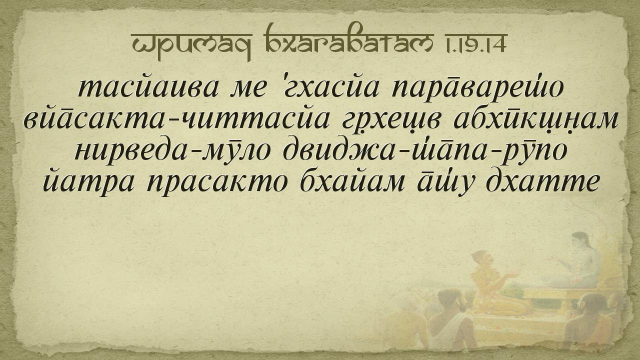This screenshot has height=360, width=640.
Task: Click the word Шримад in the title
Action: click(x=191, y=43)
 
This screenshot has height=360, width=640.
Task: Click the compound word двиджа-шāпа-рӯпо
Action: click(x=425, y=152)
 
